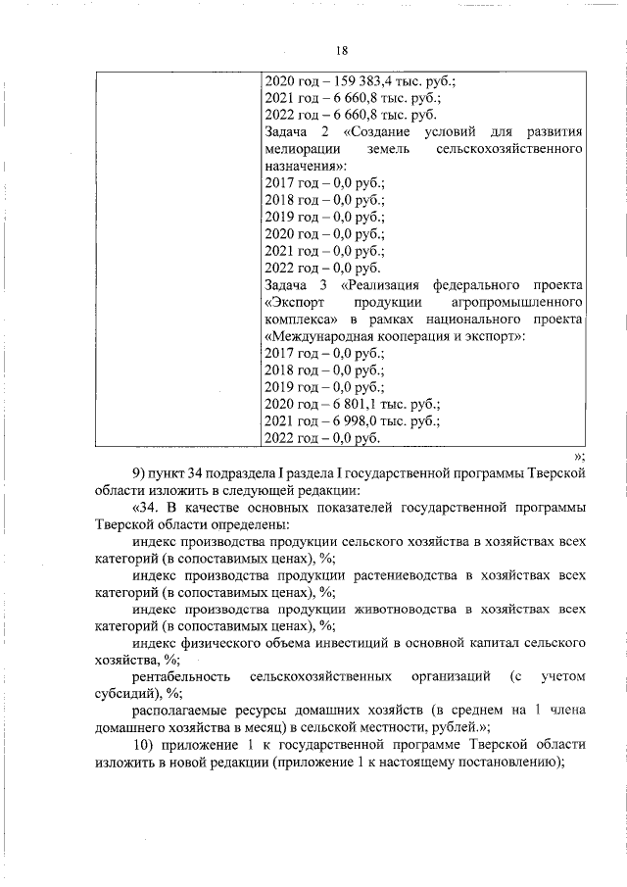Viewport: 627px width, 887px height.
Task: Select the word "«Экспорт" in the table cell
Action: click(298, 302)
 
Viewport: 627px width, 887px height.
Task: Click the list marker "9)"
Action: click(139, 472)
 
